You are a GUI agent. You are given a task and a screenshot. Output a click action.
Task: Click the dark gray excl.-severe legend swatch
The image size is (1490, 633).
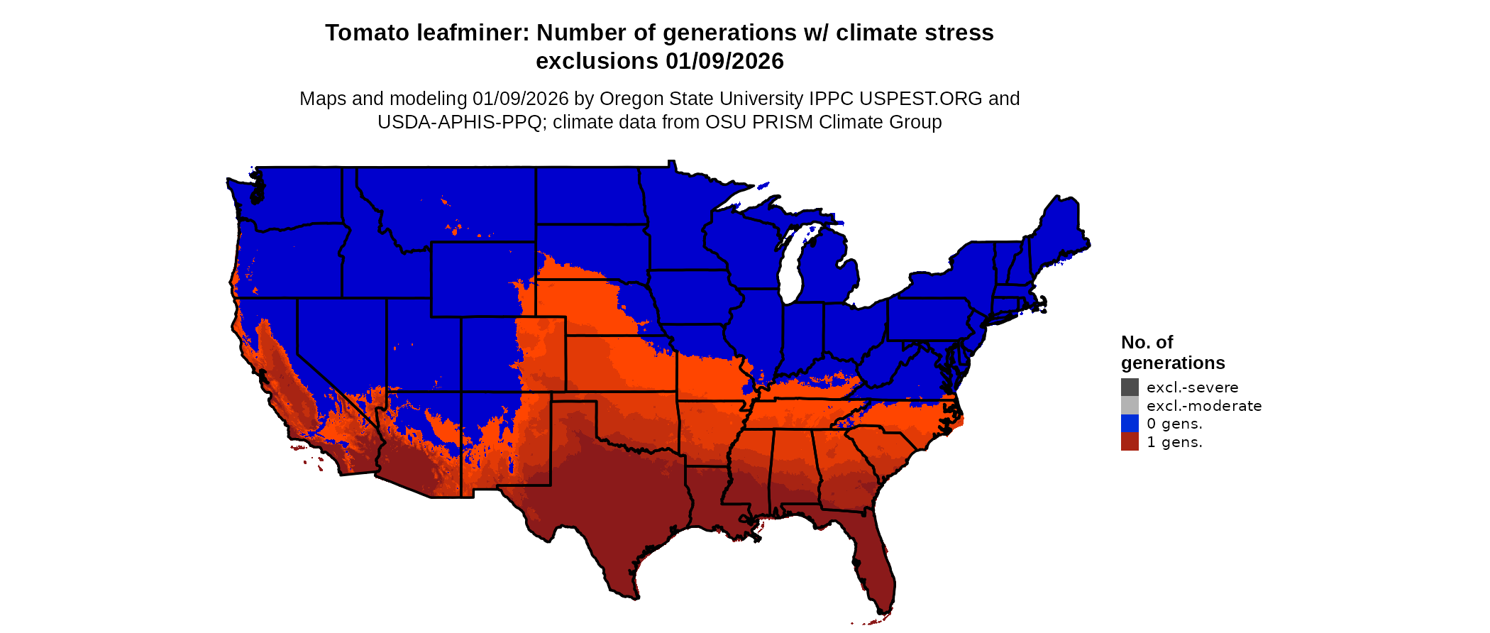coord(1130,387)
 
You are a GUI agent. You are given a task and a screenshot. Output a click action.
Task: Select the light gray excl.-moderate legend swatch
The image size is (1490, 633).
coord(1130,405)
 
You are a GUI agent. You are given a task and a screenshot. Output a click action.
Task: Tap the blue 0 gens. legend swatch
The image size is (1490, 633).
coord(1130,424)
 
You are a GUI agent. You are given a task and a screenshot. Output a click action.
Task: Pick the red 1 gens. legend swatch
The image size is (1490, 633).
coord(1130,441)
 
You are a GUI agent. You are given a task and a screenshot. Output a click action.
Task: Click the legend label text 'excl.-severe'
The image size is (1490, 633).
coord(1192,387)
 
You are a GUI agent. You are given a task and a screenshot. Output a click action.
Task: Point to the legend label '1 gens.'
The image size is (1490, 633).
coord(1174,442)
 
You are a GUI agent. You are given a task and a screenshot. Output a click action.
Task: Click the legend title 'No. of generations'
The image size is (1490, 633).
coord(1172,353)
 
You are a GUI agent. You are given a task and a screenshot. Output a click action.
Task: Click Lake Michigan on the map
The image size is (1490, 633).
coord(793,266)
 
